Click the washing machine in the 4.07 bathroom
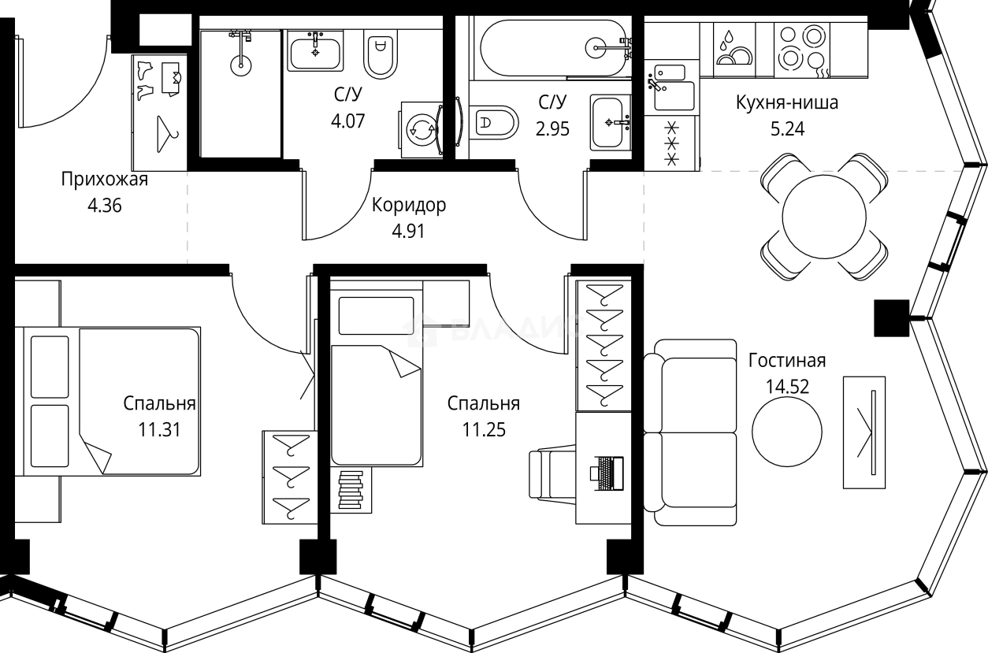pos(423,129)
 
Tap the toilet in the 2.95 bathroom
pos(496,122)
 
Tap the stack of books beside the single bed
pos(349,492)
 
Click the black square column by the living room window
pos(892,317)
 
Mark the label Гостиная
pos(786,361)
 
